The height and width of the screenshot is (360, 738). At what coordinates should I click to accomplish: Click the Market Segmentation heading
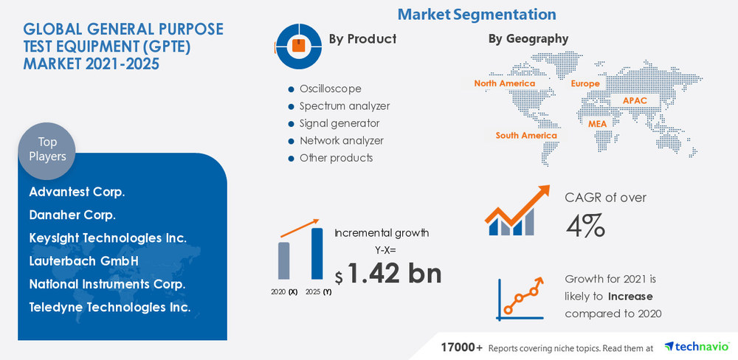(x=476, y=14)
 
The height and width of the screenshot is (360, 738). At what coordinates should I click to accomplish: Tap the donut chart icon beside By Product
(x=298, y=45)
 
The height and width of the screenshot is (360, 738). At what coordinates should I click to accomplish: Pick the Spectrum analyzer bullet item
(x=344, y=105)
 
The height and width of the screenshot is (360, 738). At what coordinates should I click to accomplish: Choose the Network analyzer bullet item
(x=341, y=140)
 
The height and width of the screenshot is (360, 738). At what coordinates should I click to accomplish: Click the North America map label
(x=505, y=83)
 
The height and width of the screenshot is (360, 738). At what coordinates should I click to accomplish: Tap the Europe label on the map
(x=584, y=84)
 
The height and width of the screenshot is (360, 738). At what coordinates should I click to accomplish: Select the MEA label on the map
(x=597, y=123)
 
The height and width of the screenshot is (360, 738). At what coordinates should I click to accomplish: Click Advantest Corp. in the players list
(x=77, y=192)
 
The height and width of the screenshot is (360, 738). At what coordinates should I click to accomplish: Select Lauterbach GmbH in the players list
(x=83, y=260)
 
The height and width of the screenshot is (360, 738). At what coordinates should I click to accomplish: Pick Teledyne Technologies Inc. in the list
(x=110, y=306)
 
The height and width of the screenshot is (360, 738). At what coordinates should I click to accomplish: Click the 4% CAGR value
(x=585, y=225)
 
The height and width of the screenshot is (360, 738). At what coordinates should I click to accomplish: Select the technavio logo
(x=696, y=346)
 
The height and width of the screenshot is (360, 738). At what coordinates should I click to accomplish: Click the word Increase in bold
(x=630, y=297)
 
